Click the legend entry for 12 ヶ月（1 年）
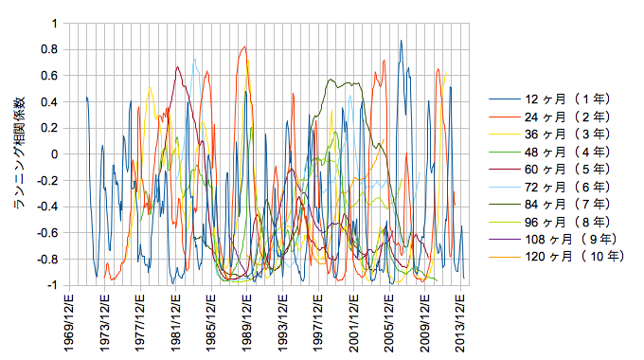pyautogui.click(x=549, y=99)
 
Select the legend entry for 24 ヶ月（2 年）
pyautogui.click(x=549, y=117)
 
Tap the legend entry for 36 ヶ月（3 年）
pyautogui.click(x=549, y=134)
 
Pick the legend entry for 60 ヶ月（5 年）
pyautogui.click(x=549, y=169)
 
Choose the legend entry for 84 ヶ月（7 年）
pyautogui.click(x=549, y=204)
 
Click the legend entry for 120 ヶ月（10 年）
pyautogui.click(x=557, y=257)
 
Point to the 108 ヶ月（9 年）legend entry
pyautogui.click(x=553, y=239)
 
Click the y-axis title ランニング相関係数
pyautogui.click(x=19, y=153)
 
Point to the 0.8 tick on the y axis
pyautogui.click(x=49, y=49)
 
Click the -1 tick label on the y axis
pyautogui.click(x=53, y=285)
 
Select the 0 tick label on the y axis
pyautogui.click(x=55, y=154)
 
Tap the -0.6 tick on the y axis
pyautogui.click(x=47, y=233)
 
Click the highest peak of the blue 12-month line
pyautogui.click(x=401, y=41)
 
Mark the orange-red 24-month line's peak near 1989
pyautogui.click(x=244, y=46)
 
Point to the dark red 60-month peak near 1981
pyautogui.click(x=177, y=66)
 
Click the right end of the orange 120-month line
pyautogui.click(x=385, y=139)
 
